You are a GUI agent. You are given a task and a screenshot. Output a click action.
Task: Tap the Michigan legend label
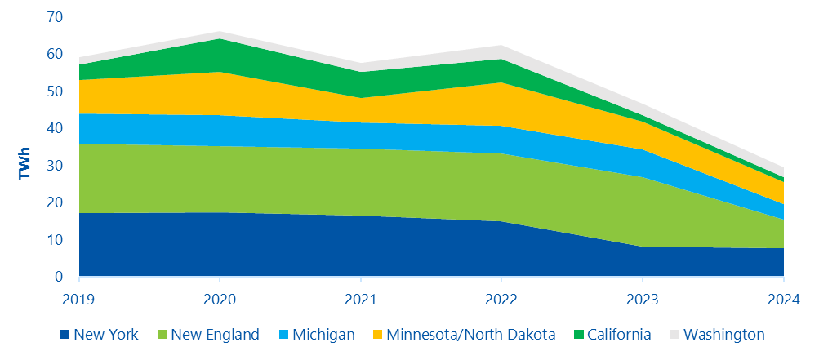(x=323, y=335)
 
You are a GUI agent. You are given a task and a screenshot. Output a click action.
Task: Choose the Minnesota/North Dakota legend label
(x=470, y=335)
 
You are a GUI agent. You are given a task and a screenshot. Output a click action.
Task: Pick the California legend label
(x=618, y=335)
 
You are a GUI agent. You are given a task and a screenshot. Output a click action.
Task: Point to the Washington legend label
(x=723, y=335)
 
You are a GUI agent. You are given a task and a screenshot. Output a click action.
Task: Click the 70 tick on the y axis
(x=55, y=17)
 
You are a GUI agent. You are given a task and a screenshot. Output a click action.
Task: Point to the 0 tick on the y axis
(x=59, y=277)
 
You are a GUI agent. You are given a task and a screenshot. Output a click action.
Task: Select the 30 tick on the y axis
(x=55, y=166)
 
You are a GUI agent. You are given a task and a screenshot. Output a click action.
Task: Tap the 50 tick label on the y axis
(x=55, y=91)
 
